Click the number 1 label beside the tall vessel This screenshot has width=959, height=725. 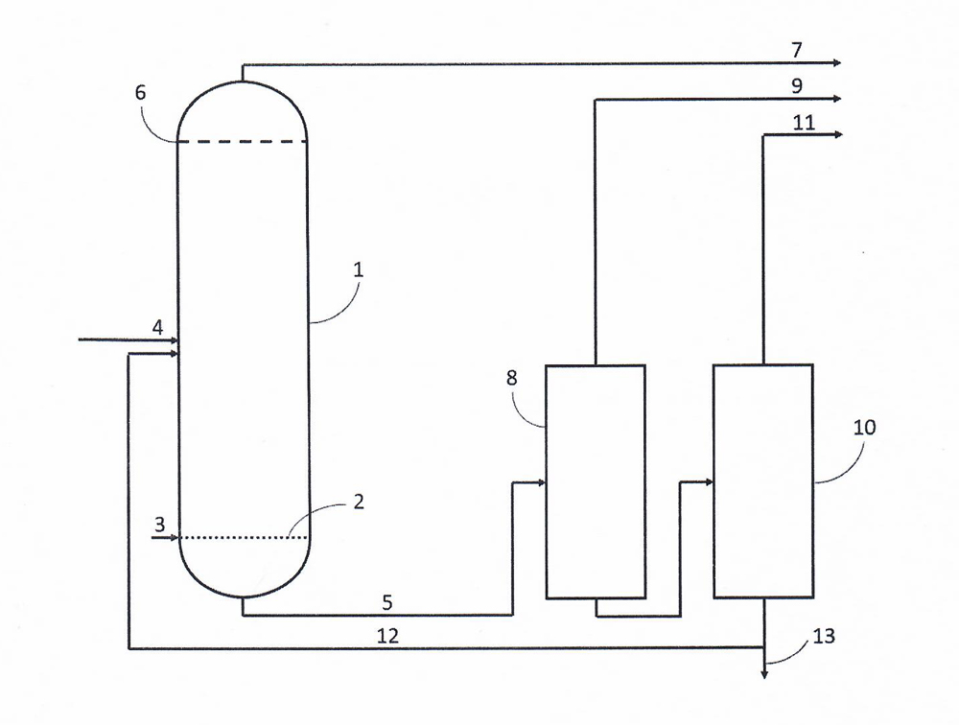pyautogui.click(x=359, y=269)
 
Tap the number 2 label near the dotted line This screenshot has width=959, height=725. pyautogui.click(x=359, y=502)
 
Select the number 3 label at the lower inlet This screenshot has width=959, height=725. pyautogui.click(x=159, y=525)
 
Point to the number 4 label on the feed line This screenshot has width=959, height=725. pyautogui.click(x=158, y=328)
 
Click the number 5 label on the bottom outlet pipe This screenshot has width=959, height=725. pyautogui.click(x=387, y=602)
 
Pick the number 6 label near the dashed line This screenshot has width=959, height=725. pyautogui.click(x=141, y=92)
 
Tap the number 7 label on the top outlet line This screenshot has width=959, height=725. pyautogui.click(x=796, y=50)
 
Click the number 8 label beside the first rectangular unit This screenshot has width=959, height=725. pyautogui.click(x=512, y=378)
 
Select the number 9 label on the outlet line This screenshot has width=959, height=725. pyautogui.click(x=796, y=85)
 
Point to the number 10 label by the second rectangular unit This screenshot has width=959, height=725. pyautogui.click(x=864, y=427)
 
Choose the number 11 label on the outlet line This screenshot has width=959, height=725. pyautogui.click(x=804, y=123)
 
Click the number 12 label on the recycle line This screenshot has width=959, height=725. pyautogui.click(x=387, y=636)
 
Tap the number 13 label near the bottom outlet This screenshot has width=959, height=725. pyautogui.click(x=824, y=636)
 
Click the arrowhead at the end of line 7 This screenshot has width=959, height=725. pyautogui.click(x=837, y=62)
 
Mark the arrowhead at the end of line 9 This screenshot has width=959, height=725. pyautogui.click(x=837, y=99)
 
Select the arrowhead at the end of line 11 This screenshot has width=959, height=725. pyautogui.click(x=837, y=134)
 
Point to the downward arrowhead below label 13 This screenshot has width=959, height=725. pyautogui.click(x=764, y=673)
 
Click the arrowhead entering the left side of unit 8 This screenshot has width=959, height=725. pyautogui.click(x=541, y=482)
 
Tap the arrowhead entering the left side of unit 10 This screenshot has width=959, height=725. pyautogui.click(x=710, y=482)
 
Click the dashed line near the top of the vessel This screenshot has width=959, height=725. pyautogui.click(x=243, y=141)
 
